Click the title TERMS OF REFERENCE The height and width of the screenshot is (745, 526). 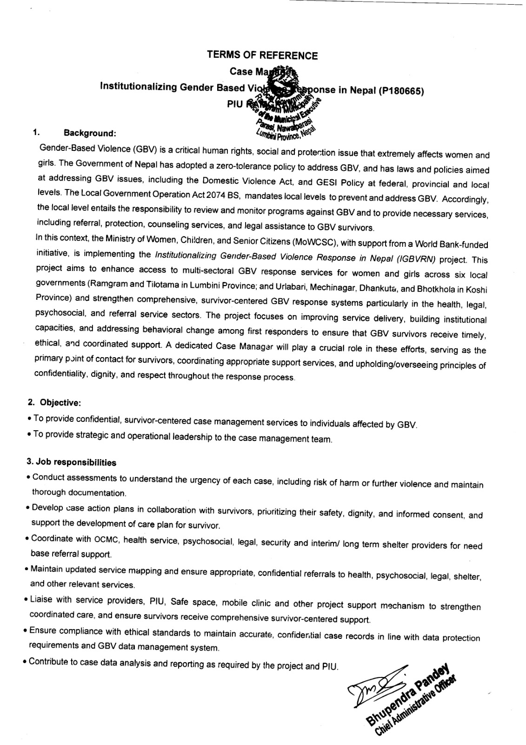[x=262, y=56]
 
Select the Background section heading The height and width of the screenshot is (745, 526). [x=90, y=134]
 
